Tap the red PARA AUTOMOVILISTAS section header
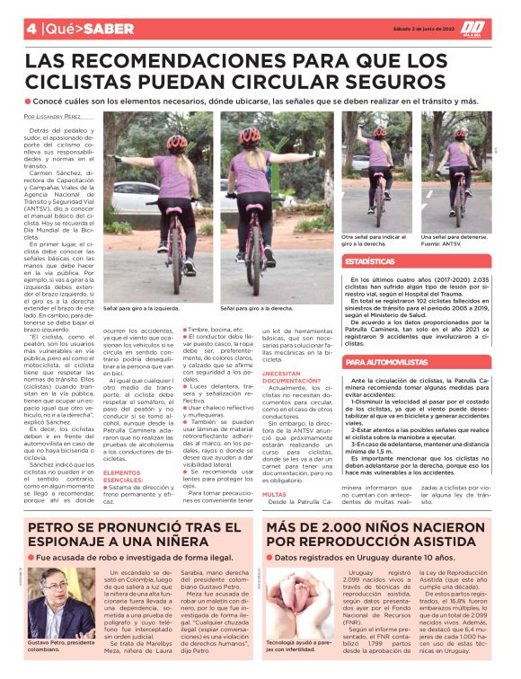(x=388, y=362)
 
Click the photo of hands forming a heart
(x=294, y=606)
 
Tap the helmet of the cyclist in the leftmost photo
(x=175, y=142)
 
